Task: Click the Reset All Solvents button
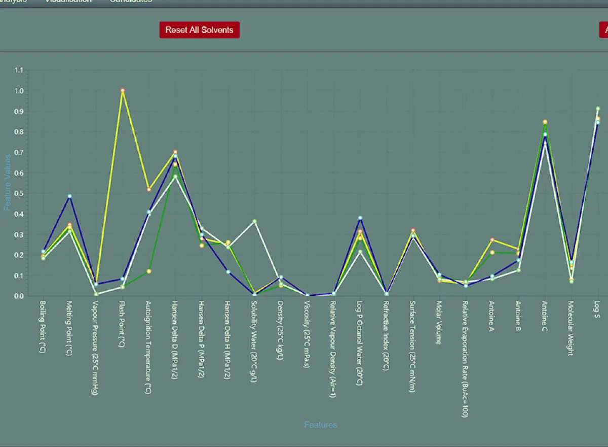click(199, 30)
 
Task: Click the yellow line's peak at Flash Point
click(122, 90)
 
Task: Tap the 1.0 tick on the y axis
click(19, 91)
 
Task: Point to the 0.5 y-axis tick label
click(19, 194)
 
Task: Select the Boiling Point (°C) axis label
click(42, 326)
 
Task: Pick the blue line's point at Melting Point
click(69, 196)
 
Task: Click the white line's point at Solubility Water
click(254, 221)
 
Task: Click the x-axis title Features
click(320, 425)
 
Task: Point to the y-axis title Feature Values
click(8, 182)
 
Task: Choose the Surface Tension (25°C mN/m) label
click(412, 346)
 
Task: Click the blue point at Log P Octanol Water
click(360, 218)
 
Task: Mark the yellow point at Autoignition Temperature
click(148, 189)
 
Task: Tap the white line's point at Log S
click(597, 109)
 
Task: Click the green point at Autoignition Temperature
click(148, 271)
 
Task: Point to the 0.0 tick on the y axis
click(19, 296)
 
